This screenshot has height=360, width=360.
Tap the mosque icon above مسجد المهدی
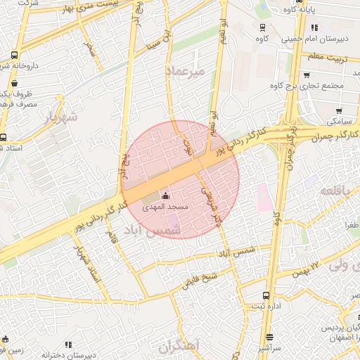(166, 195)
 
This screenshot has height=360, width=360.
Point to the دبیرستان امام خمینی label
(310, 39)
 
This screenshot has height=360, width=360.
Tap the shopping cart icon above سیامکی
(339, 110)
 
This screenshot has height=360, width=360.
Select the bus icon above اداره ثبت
(266, 295)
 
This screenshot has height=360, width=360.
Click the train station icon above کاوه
(262, 28)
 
